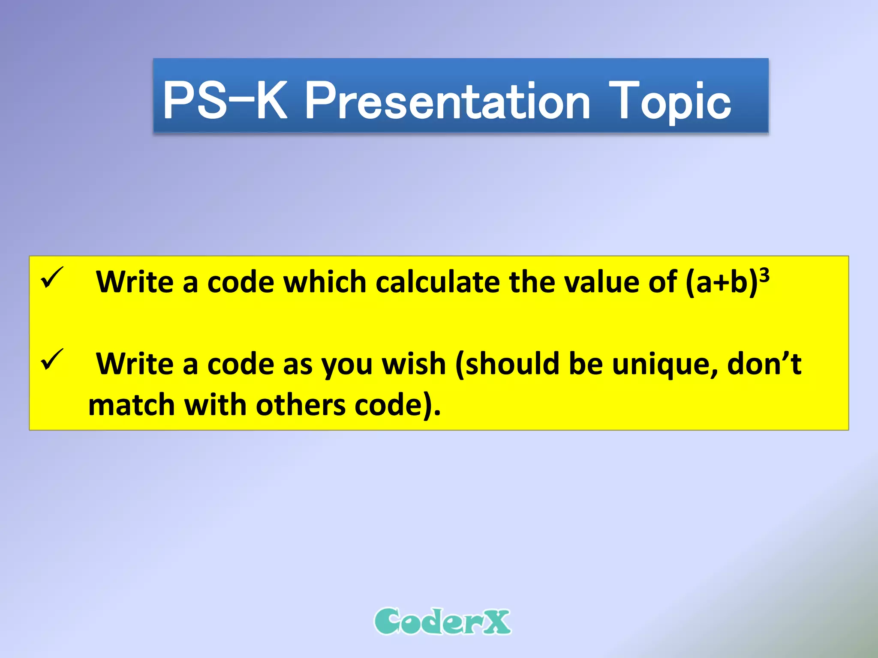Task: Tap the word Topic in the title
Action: point(670,101)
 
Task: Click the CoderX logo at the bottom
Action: point(442,621)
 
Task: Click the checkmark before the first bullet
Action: point(52,278)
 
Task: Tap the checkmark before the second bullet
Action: point(52,360)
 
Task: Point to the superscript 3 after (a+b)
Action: point(764,274)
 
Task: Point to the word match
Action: point(131,405)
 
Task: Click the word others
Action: point(301,405)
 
